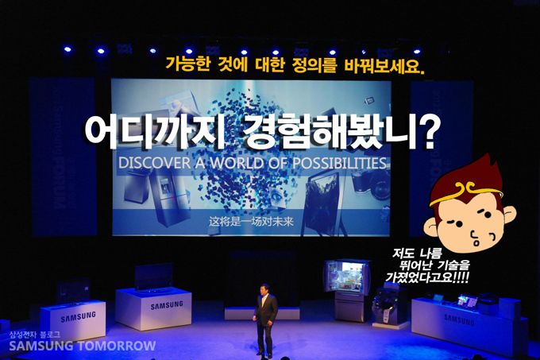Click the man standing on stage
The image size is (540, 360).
pos(264,318)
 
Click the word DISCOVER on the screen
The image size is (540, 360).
pos(150,164)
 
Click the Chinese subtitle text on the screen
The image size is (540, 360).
pos(251,221)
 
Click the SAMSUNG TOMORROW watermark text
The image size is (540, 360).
pos(82,346)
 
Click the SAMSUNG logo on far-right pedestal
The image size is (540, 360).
pos(460,319)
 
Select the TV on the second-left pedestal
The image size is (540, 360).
pos(154,277)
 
